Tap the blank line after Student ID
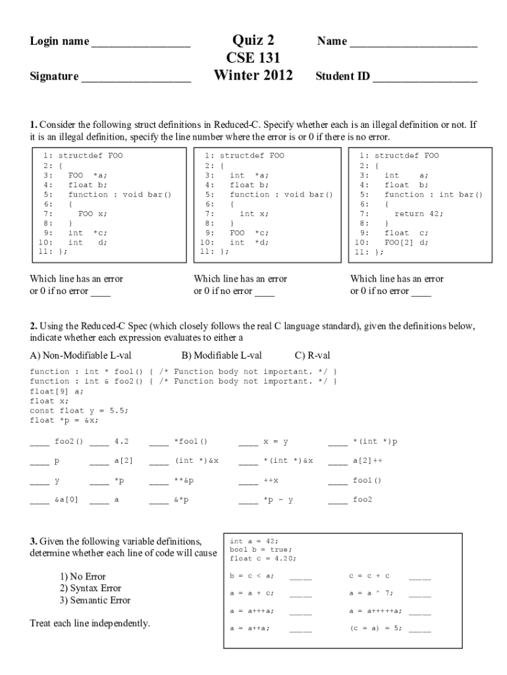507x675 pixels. point(425,79)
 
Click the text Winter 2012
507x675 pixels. point(254,75)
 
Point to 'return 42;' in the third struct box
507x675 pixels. point(419,214)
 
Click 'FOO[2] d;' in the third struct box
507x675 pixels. point(406,242)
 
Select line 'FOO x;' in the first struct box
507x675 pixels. point(92,214)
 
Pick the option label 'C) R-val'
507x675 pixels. point(312,356)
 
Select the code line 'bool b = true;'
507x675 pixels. point(261,549)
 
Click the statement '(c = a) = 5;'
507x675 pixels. point(375,628)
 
